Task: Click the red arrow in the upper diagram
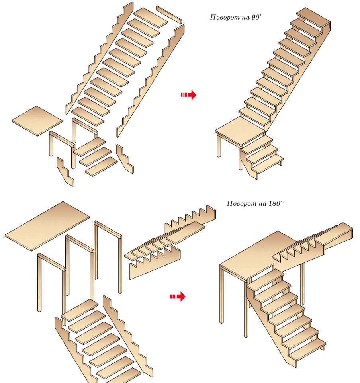pos(189,95)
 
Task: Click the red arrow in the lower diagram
pos(178,296)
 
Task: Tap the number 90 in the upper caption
pos(254,18)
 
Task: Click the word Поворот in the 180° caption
pos(239,204)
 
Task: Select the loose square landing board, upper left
pos(37,121)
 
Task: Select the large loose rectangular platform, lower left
pos(47,226)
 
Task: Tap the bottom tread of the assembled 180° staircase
pos(307,349)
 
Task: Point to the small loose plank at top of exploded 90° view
pos(169,14)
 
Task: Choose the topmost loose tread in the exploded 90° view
pos(151,18)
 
